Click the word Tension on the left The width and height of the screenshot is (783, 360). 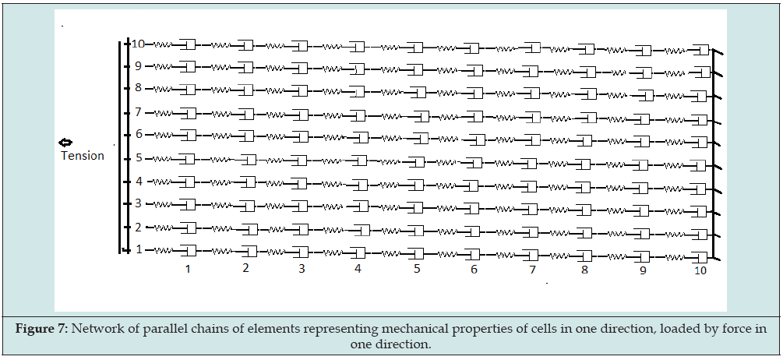(83, 156)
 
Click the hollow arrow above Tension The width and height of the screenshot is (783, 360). (66, 143)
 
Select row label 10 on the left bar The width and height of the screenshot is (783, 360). (138, 44)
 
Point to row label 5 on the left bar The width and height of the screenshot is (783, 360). (139, 158)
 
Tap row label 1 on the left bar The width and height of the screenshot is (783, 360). (139, 250)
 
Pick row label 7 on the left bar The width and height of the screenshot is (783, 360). (139, 112)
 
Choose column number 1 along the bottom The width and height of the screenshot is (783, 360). (188, 268)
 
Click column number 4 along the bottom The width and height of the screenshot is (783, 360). (358, 268)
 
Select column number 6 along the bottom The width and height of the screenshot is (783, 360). (474, 270)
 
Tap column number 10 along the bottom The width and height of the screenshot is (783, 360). (700, 270)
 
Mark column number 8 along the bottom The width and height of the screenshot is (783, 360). (584, 270)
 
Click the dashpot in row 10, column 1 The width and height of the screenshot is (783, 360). (188, 44)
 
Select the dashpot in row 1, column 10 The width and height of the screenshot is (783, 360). (700, 257)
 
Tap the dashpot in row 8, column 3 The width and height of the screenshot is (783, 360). (300, 90)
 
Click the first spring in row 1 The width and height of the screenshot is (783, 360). (163, 250)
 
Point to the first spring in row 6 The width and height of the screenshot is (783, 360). (163, 135)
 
